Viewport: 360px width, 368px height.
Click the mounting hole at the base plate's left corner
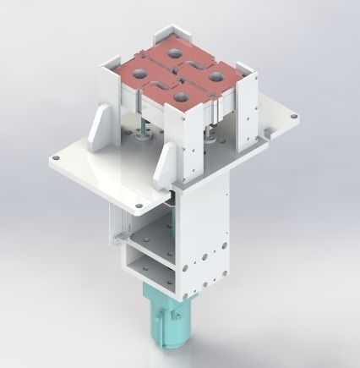(56, 157)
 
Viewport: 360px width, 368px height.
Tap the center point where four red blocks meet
(177, 74)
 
